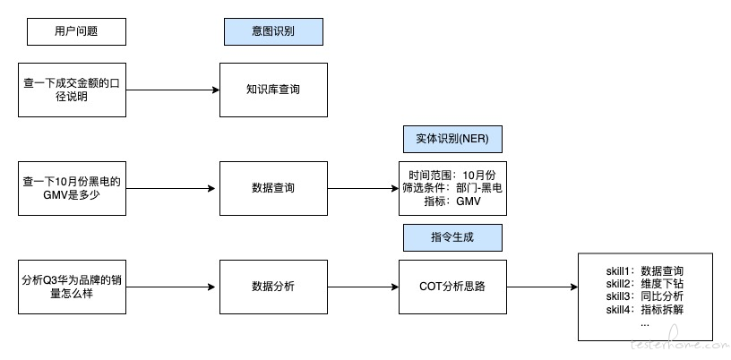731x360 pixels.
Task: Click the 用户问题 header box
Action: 76,31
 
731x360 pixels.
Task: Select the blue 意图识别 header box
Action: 273,31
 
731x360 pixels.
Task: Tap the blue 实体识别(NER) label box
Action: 452,139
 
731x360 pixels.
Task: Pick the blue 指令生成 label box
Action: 452,238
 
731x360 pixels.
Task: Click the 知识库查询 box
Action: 273,90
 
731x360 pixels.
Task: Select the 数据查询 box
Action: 273,188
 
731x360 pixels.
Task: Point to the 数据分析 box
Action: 273,287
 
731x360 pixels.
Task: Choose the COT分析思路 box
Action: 452,287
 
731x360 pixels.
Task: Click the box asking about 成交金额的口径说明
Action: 73,90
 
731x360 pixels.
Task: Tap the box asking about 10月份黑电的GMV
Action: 73,188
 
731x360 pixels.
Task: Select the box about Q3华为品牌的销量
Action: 73,287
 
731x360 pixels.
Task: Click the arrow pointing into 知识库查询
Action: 173,90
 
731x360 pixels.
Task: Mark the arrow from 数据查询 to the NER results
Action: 363,188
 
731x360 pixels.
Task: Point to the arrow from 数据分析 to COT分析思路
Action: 363,287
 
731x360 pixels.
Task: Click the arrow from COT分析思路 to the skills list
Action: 542,287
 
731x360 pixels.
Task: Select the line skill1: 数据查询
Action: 645,271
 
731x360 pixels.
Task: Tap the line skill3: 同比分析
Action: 645,296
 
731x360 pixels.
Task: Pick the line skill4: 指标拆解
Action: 645,309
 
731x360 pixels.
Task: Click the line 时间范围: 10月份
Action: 452,176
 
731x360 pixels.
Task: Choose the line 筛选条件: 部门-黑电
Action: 452,188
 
